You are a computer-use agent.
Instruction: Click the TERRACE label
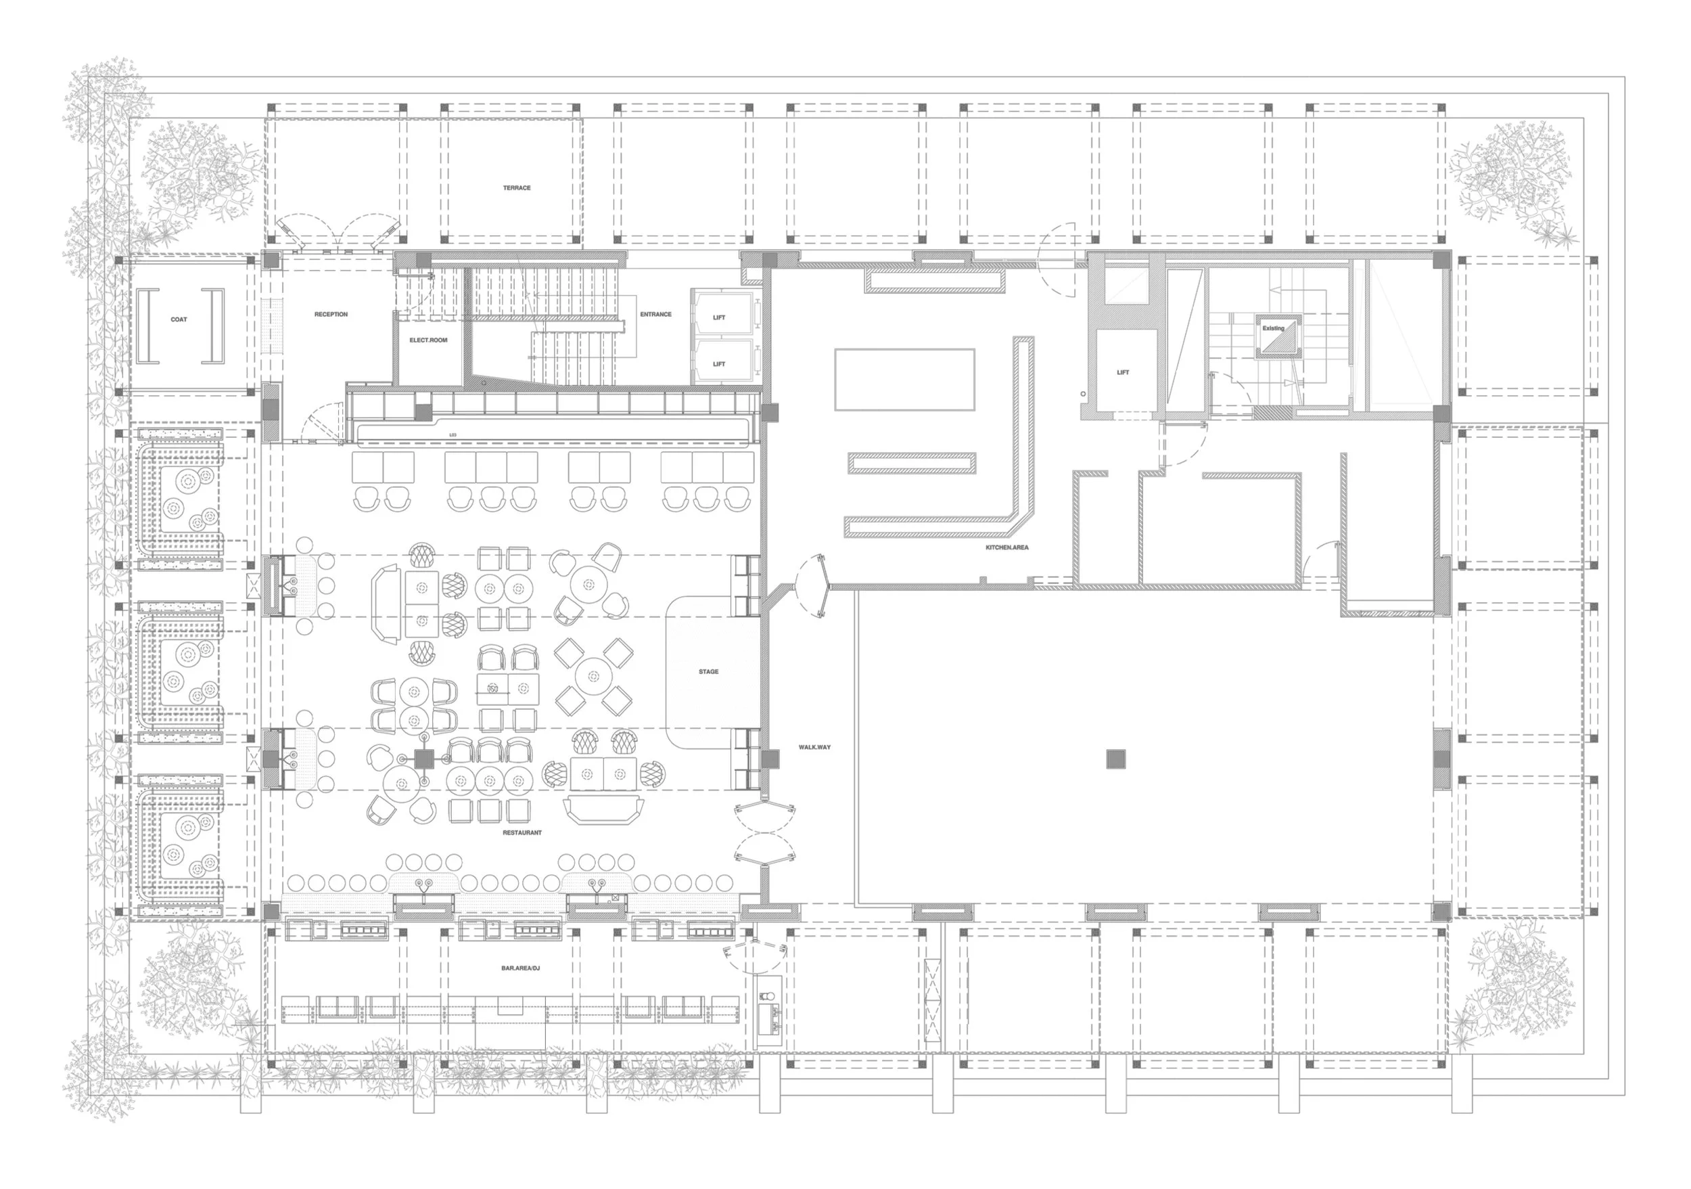click(x=516, y=188)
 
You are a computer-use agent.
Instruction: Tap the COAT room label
click(x=179, y=319)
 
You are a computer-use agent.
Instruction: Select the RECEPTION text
click(x=331, y=315)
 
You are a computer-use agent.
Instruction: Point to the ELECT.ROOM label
click(x=428, y=340)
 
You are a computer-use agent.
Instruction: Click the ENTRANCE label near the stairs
click(x=655, y=315)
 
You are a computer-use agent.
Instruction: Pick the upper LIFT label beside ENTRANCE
click(x=719, y=317)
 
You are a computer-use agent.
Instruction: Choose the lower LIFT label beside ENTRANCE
click(x=719, y=364)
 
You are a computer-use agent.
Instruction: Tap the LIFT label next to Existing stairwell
click(x=1122, y=373)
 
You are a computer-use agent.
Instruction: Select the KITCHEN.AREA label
click(x=1006, y=548)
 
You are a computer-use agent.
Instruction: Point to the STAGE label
click(x=708, y=672)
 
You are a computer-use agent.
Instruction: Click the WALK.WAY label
click(x=814, y=747)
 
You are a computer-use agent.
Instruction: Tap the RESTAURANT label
click(x=522, y=832)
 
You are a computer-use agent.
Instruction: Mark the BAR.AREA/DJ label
click(x=521, y=968)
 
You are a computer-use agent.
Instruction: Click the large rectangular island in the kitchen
click(x=904, y=380)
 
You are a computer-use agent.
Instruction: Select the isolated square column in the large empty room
click(x=1116, y=759)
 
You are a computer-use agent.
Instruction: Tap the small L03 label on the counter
click(x=453, y=435)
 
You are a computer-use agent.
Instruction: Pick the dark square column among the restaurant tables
click(x=423, y=758)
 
